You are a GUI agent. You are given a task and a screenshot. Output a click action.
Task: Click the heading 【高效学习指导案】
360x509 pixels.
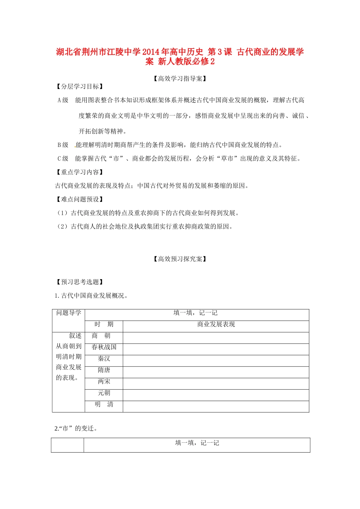(180, 79)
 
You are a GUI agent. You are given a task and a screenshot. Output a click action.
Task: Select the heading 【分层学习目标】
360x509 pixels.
(80, 87)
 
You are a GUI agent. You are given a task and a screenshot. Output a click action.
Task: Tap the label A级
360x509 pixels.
(63, 100)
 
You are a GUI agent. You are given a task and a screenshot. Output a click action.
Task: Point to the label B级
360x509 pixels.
(63, 145)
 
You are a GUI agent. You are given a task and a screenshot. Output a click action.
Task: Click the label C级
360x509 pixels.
(63, 159)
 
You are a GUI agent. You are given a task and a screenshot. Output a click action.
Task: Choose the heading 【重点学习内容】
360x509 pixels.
(80, 172)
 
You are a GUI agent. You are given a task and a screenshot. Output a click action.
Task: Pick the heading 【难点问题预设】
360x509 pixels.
(80, 200)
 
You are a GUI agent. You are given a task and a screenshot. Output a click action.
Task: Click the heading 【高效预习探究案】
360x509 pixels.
(180, 259)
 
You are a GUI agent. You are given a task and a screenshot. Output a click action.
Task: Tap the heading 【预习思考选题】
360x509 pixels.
(80, 282)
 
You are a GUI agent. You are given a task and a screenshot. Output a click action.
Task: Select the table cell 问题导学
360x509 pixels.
(69, 313)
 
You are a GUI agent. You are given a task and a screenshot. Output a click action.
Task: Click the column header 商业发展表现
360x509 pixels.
(216, 325)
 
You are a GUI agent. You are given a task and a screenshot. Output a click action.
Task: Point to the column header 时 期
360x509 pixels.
(104, 325)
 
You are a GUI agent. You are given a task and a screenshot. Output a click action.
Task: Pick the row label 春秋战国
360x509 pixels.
(104, 347)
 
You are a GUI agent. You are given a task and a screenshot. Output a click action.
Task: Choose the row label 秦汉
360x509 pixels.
(104, 359)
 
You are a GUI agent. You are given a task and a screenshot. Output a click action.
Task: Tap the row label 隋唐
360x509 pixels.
(104, 370)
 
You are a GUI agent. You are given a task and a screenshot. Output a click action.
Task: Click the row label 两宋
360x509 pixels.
(104, 381)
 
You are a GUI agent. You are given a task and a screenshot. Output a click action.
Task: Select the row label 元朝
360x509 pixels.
(104, 393)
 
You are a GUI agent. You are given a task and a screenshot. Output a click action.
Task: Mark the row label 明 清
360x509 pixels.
(104, 404)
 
